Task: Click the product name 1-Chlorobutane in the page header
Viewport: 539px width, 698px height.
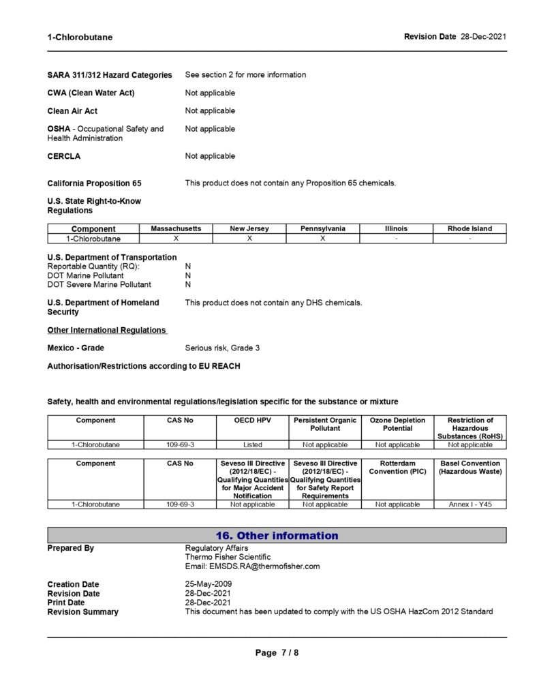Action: (x=80, y=37)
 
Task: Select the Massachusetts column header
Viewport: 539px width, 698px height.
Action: (x=176, y=229)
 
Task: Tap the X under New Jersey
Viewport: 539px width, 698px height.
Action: (x=249, y=239)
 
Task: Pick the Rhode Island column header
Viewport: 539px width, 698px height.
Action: (x=469, y=229)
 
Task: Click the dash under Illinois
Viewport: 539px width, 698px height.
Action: (x=396, y=239)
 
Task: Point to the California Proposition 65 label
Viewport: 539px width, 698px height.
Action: (x=95, y=183)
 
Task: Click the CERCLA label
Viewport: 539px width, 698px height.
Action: (x=64, y=156)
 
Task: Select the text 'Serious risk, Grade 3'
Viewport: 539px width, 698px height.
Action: (x=222, y=348)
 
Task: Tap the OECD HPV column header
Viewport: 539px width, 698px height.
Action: (x=252, y=421)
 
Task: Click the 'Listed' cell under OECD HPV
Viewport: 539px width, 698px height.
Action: (x=252, y=444)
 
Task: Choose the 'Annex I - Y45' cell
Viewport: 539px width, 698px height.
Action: (x=470, y=504)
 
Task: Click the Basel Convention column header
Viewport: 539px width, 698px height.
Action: (x=470, y=468)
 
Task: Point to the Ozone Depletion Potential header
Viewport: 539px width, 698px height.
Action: (x=398, y=424)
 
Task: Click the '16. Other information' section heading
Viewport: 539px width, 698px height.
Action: (x=277, y=536)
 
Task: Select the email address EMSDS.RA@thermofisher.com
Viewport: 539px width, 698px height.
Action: (x=252, y=566)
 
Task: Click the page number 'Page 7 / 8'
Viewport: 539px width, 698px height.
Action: (x=277, y=652)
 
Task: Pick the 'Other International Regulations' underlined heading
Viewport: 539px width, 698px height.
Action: (x=107, y=330)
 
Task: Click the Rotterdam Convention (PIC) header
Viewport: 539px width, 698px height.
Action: (x=398, y=468)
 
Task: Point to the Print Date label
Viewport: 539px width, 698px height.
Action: (x=66, y=603)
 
